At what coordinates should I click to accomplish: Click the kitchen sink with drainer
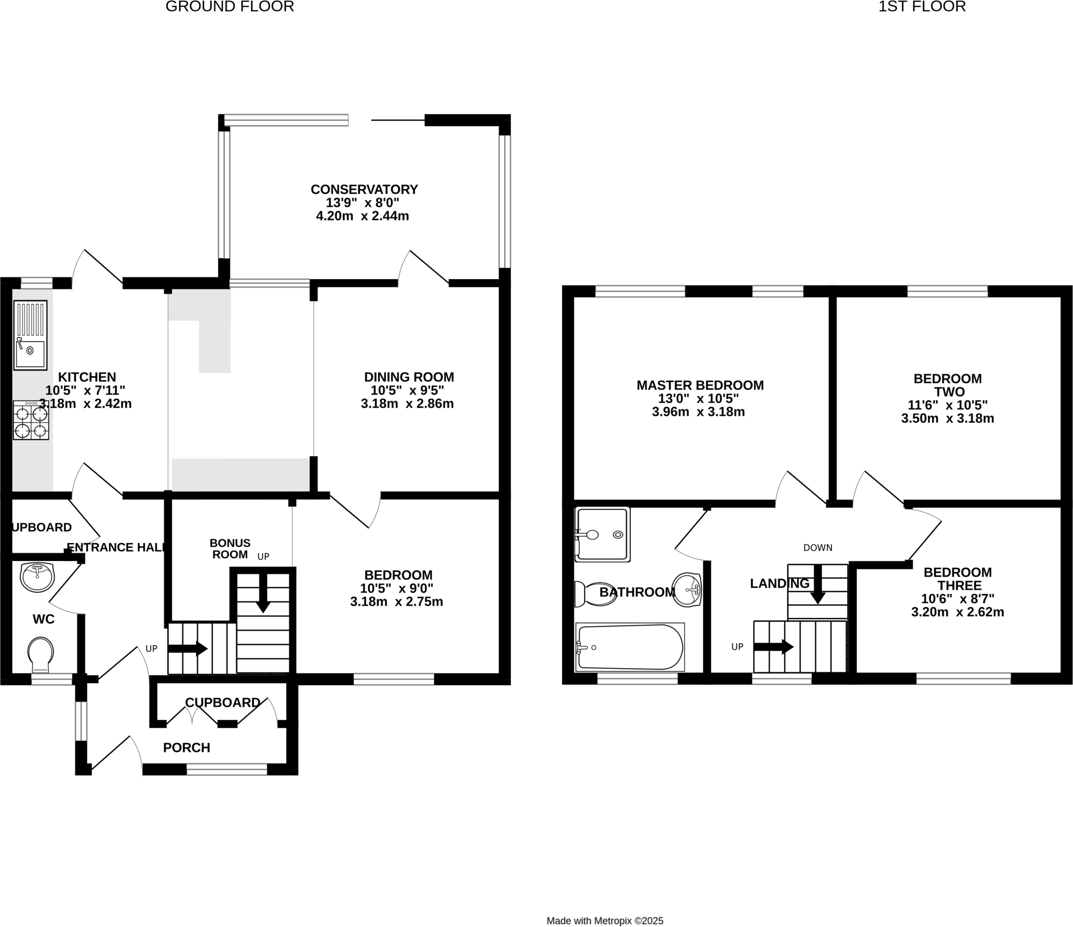[30, 335]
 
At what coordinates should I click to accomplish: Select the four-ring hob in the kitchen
[31, 420]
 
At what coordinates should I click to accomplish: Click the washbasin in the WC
[37, 577]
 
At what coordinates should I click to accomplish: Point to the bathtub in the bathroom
[630, 647]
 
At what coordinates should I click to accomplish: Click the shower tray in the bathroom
[602, 534]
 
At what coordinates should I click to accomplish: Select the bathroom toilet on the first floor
[595, 594]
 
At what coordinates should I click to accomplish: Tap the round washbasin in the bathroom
[687, 590]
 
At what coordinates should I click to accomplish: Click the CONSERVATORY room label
[364, 189]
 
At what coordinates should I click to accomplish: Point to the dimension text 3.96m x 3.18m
[698, 412]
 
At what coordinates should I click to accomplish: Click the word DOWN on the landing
[817, 548]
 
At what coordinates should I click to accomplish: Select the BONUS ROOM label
[230, 548]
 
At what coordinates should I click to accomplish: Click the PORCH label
[187, 747]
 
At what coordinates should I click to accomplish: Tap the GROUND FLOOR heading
[229, 7]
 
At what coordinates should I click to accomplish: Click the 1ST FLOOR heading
[922, 7]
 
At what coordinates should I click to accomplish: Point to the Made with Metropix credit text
[605, 906]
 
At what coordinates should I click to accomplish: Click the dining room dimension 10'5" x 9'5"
[407, 390]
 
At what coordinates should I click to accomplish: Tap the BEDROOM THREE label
[957, 579]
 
